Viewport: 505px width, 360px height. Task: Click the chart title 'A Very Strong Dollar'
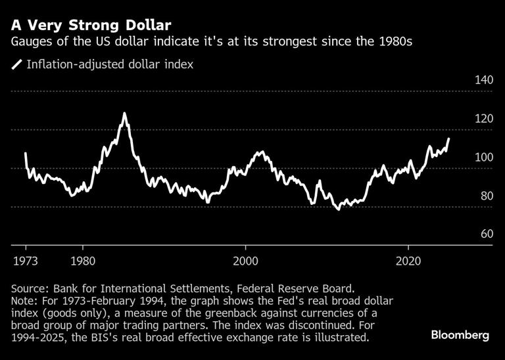coord(91,26)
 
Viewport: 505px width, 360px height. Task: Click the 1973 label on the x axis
coord(26,259)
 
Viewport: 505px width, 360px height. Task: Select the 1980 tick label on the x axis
coord(83,259)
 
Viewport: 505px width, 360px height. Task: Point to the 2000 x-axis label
coord(246,259)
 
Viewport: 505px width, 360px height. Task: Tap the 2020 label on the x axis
coord(408,259)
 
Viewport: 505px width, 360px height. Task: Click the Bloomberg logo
coord(460,335)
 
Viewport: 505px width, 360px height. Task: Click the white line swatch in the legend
coord(16,64)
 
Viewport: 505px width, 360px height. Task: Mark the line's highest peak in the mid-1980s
coord(124,114)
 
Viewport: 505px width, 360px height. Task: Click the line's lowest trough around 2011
coord(338,210)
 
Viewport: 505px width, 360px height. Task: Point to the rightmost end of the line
coord(449,139)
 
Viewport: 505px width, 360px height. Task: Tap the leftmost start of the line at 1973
coord(26,154)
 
